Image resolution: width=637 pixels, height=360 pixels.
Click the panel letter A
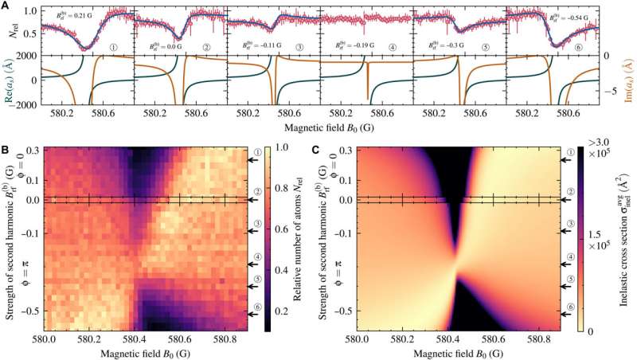point(6,6)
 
